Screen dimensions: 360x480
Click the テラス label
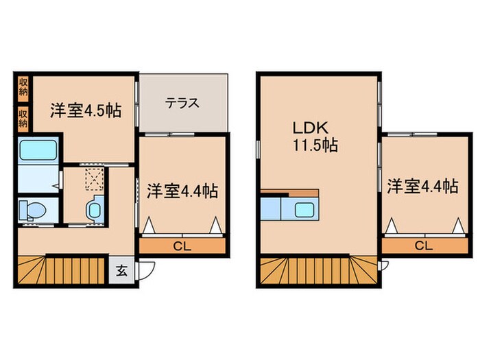[182, 104]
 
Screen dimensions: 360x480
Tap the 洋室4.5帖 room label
[86, 111]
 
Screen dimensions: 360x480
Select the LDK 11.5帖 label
[312, 136]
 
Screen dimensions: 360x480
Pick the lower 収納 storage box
[23, 118]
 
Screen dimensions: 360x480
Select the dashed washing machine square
[93, 180]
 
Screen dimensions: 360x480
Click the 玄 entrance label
[121, 269]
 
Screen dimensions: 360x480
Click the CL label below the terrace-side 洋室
[182, 245]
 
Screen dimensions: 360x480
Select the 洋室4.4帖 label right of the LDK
[422, 186]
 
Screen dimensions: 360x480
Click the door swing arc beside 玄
[145, 271]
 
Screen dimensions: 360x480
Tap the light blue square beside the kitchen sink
[272, 208]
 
